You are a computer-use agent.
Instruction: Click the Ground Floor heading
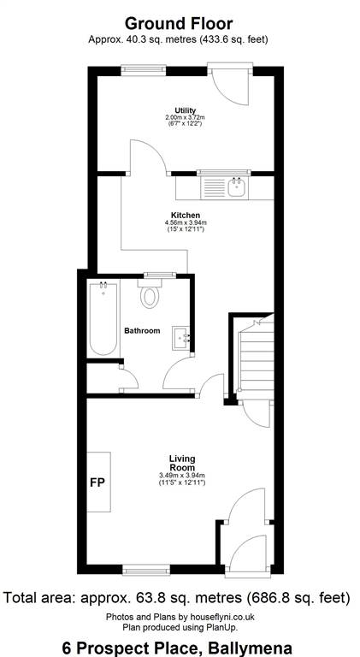(x=179, y=23)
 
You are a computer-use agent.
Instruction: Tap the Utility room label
(x=186, y=110)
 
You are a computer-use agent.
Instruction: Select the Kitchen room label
(x=185, y=216)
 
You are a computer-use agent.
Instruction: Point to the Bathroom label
(x=142, y=330)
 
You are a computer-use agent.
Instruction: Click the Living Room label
(x=182, y=463)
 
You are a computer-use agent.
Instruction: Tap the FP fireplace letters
(x=97, y=482)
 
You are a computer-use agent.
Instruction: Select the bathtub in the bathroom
(x=103, y=318)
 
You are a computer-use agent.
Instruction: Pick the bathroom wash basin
(x=181, y=338)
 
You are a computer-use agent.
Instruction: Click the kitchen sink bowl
(x=237, y=186)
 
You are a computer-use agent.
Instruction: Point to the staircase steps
(x=255, y=358)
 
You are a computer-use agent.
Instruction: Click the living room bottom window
(x=146, y=570)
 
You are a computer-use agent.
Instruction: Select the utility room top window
(x=144, y=70)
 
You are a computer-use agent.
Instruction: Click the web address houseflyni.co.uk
(x=221, y=617)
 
